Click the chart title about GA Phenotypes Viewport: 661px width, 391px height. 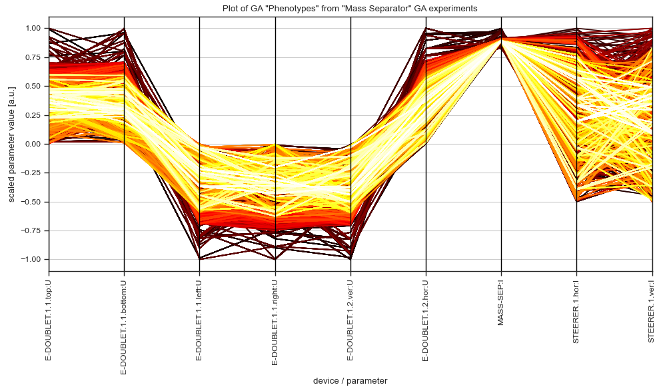pos(350,8)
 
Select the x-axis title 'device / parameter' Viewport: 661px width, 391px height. pos(350,380)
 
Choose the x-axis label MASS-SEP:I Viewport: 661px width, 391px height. pos(501,300)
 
